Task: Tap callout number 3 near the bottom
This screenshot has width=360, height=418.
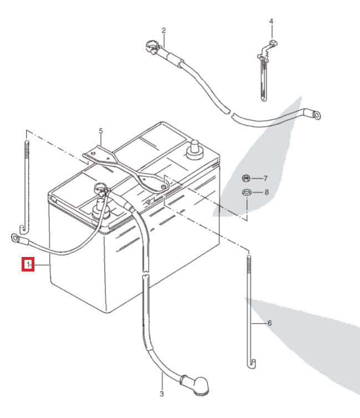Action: [x=161, y=394]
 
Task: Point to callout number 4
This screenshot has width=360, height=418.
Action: [x=271, y=22]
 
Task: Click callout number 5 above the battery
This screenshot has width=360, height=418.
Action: [x=101, y=131]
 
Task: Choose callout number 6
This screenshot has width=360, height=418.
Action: [x=270, y=323]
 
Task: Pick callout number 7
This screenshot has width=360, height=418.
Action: [x=266, y=179]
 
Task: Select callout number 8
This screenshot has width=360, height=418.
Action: [x=266, y=193]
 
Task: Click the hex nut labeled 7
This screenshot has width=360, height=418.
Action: [x=247, y=178]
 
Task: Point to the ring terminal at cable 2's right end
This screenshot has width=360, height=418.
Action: [x=316, y=115]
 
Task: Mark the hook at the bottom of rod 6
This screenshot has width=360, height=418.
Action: [x=252, y=364]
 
